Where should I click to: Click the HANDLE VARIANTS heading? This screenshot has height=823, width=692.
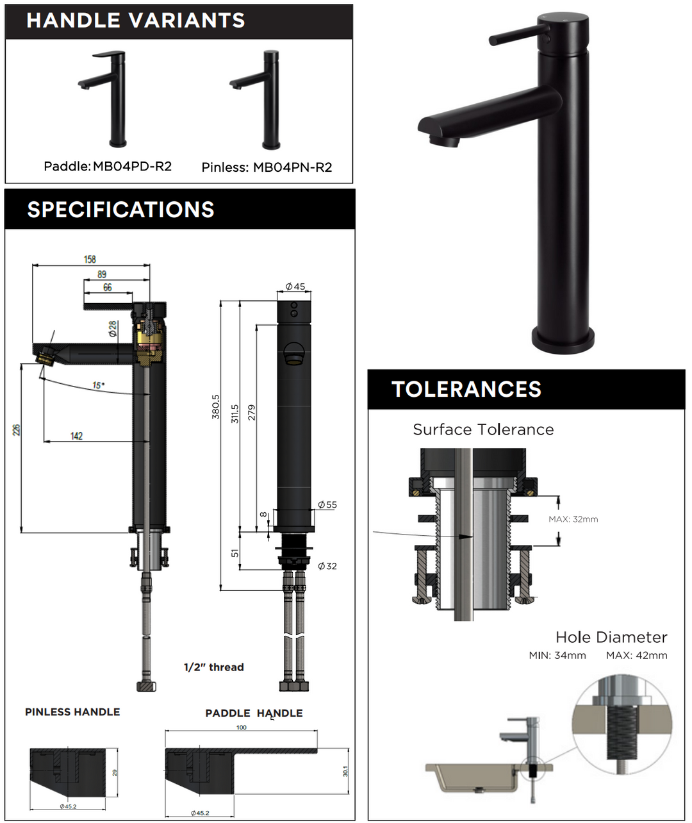tap(135, 21)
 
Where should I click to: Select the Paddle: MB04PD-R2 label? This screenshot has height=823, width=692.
tap(108, 167)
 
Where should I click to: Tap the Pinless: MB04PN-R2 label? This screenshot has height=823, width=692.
tap(267, 167)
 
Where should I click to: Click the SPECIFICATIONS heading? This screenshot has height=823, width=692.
tap(120, 210)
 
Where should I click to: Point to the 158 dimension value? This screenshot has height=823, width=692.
tap(90, 259)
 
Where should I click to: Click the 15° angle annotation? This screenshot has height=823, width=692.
tap(98, 385)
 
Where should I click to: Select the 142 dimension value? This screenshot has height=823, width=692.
tap(76, 436)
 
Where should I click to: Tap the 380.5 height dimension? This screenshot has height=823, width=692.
tap(215, 406)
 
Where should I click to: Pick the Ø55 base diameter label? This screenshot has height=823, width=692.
tap(327, 504)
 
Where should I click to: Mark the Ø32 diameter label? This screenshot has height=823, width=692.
tap(327, 566)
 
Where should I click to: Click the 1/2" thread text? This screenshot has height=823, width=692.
tap(213, 667)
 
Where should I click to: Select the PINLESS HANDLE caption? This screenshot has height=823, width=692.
tap(72, 712)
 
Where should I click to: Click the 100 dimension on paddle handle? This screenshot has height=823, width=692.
tap(241, 727)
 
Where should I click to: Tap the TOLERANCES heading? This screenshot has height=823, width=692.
tap(466, 389)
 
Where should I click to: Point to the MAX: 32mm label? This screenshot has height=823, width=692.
tap(573, 519)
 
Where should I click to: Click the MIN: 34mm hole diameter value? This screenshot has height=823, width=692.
tap(557, 655)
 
